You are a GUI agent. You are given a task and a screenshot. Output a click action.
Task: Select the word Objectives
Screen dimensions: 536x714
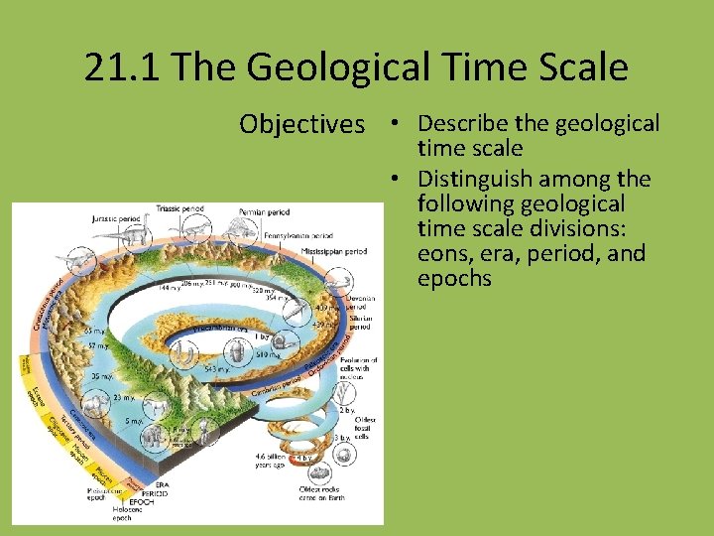point(301,125)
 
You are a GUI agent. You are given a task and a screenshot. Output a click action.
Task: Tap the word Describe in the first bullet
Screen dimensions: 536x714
point(463,124)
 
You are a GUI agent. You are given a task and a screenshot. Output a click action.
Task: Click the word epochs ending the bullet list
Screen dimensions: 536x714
point(454,278)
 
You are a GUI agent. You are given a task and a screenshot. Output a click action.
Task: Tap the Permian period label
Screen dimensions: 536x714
point(264,213)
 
